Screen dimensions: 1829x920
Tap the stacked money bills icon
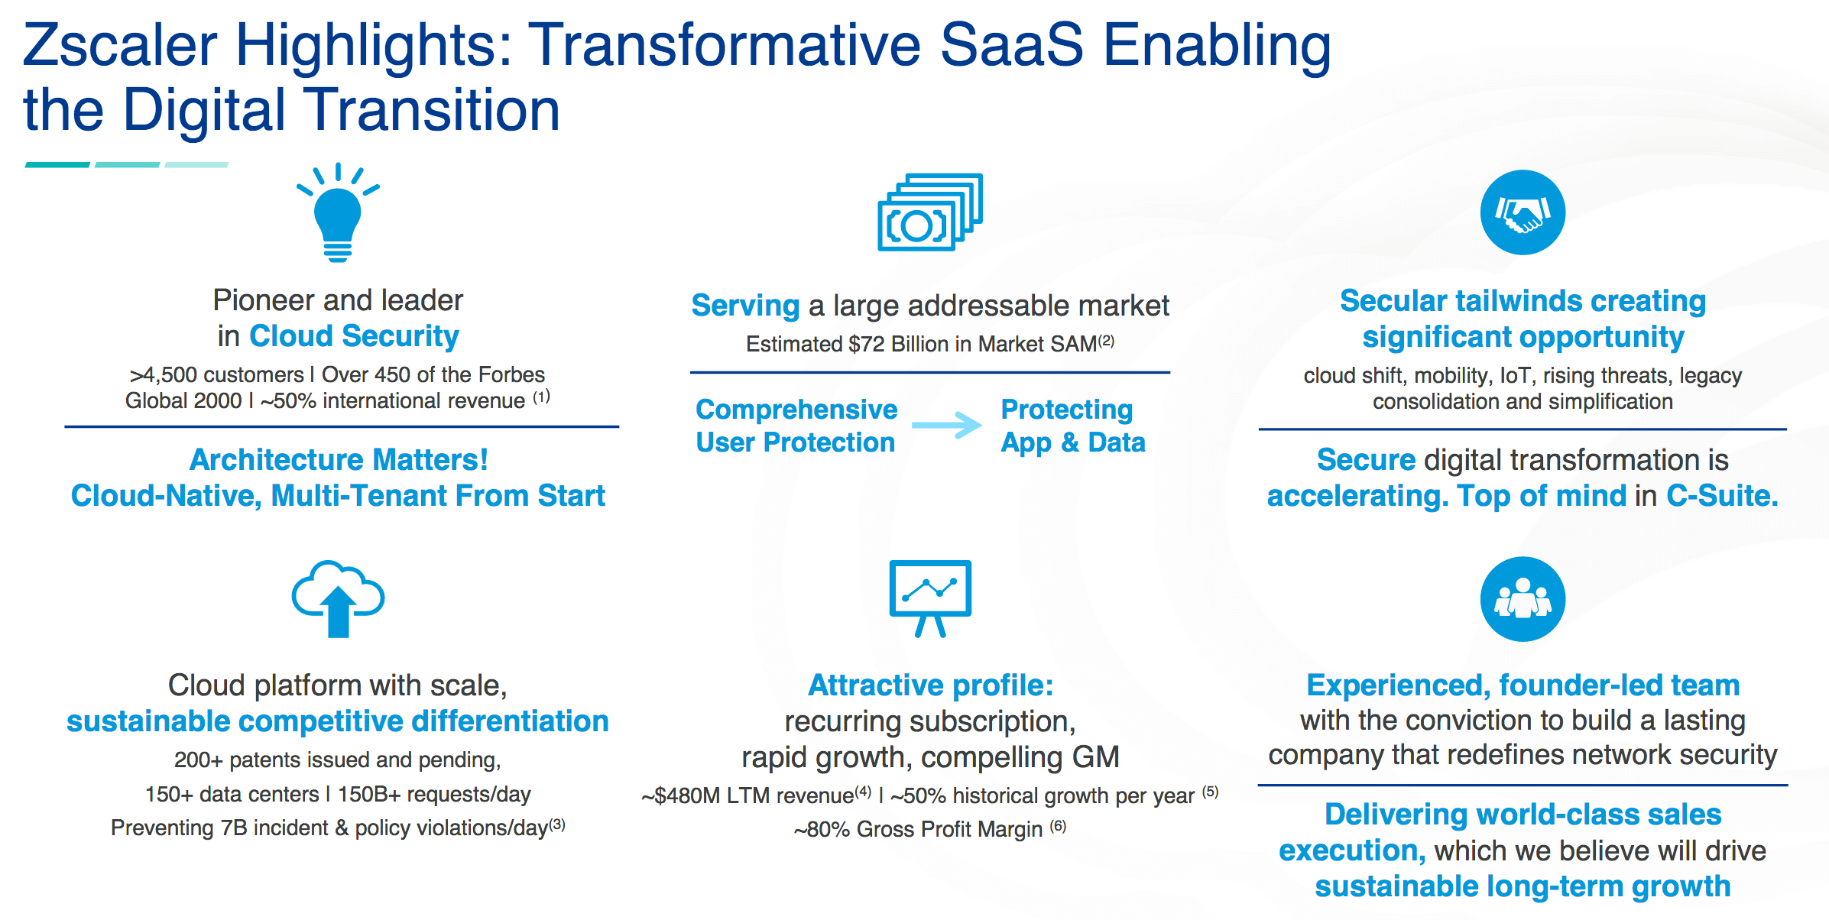pyautogui.click(x=929, y=212)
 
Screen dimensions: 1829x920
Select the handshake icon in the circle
pyautogui.click(x=1523, y=212)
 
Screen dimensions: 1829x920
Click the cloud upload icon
pyautogui.click(x=338, y=599)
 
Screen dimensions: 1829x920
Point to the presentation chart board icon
pyautogui.click(x=930, y=598)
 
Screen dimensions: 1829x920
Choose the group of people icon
pyautogui.click(x=1523, y=599)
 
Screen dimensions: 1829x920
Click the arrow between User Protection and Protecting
pyautogui.click(x=947, y=425)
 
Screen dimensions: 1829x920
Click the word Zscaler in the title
pyautogui.click(x=120, y=46)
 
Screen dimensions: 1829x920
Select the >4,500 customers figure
pyautogui.click(x=216, y=375)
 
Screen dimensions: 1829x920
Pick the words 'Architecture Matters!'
pyautogui.click(x=339, y=460)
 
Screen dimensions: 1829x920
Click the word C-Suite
pyautogui.click(x=1722, y=497)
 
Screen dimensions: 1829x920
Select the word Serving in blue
pyautogui.click(x=745, y=306)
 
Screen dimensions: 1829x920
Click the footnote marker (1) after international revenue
pyautogui.click(x=541, y=397)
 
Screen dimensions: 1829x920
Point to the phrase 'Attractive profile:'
pyautogui.click(x=931, y=685)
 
